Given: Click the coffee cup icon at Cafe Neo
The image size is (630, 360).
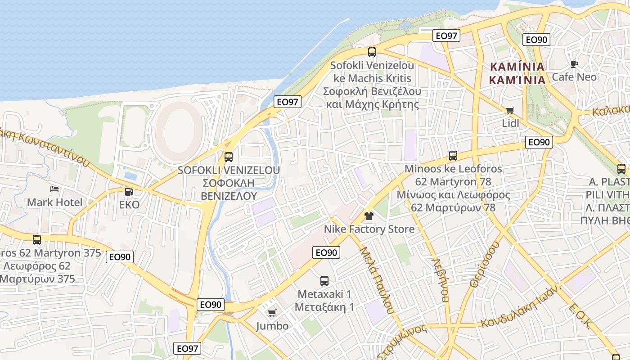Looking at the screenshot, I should [x=574, y=64].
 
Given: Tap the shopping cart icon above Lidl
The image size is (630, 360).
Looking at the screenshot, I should [x=510, y=110].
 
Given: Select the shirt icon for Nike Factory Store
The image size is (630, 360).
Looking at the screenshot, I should [x=369, y=216].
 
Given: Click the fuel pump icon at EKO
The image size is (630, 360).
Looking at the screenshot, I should [x=129, y=192].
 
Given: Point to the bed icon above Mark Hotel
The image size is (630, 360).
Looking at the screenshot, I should [x=54, y=189].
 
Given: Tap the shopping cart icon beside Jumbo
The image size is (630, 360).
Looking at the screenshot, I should [x=272, y=313].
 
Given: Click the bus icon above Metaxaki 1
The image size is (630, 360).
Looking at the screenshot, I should [x=324, y=281].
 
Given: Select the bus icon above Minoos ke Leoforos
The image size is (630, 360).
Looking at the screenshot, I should [x=453, y=156].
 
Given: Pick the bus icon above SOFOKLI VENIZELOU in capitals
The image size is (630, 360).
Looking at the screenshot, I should [x=228, y=157].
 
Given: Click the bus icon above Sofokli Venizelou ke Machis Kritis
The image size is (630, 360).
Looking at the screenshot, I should [x=372, y=52].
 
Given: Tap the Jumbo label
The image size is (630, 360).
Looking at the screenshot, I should [x=272, y=326].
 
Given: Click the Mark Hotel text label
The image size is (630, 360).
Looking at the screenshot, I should [x=55, y=202].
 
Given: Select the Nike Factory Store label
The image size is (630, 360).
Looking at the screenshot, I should [x=369, y=229].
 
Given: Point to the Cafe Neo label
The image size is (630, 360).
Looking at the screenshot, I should [x=574, y=77].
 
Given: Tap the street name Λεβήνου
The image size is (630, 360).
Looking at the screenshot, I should [x=441, y=279].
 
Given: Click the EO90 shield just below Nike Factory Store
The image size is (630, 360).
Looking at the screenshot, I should [x=326, y=252].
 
